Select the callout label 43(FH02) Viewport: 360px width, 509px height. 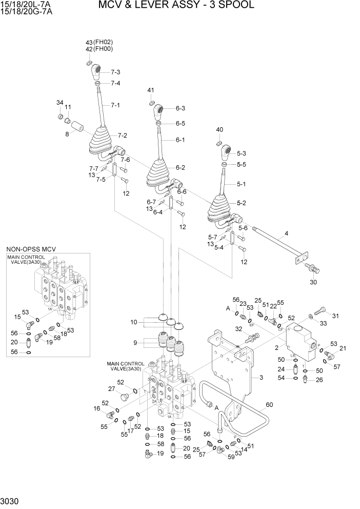tap(99, 42)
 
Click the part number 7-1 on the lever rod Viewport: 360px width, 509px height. tap(115, 105)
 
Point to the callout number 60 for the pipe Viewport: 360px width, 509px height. tap(270, 405)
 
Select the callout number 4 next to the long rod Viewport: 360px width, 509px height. tap(286, 233)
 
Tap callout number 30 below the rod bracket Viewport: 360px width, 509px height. tap(314, 282)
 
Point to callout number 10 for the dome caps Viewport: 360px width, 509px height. tap(134, 322)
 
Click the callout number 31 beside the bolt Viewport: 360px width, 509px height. tap(336, 316)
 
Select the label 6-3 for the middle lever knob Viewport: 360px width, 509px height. tap(181, 108)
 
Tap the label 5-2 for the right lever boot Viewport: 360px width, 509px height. tap(241, 203)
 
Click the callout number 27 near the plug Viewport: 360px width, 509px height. tap(111, 388)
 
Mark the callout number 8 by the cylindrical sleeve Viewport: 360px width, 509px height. tap(67, 134)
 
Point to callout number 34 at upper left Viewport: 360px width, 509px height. tap(59, 103)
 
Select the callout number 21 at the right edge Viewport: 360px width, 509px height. tap(343, 348)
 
